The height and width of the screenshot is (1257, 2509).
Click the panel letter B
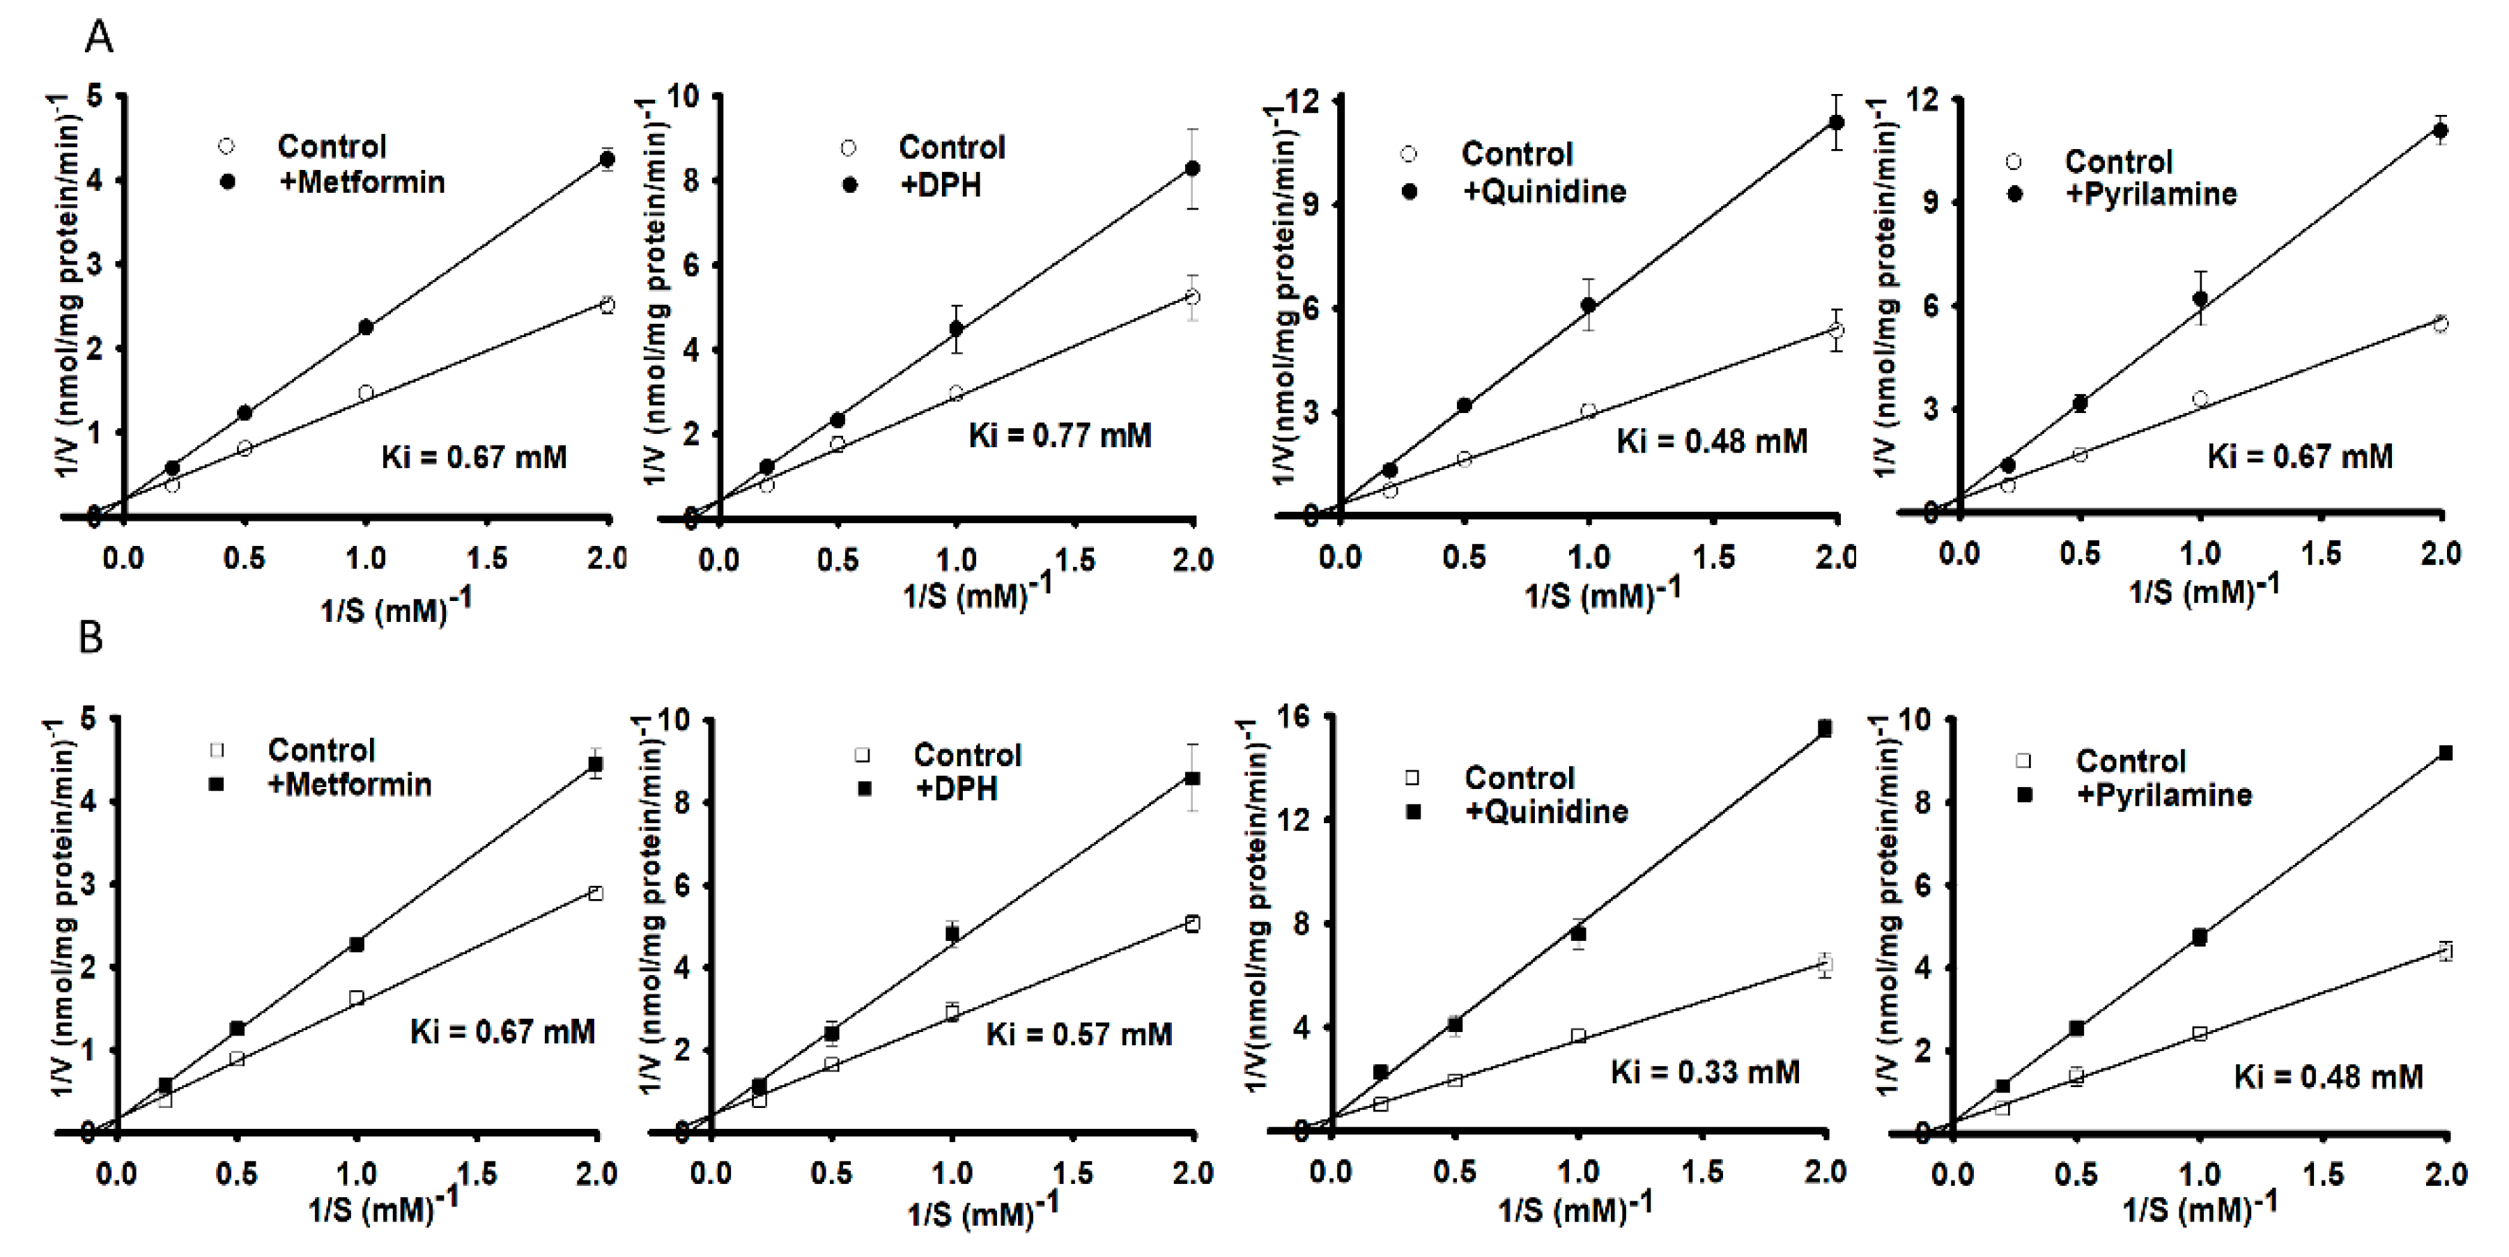coord(91,638)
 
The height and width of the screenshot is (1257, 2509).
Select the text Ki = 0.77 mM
coord(1060,435)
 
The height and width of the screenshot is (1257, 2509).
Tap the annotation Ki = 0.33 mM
coord(1704,1072)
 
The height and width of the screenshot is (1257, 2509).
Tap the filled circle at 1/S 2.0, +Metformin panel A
coord(607,159)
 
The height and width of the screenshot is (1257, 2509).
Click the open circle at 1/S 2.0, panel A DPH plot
coord(1192,296)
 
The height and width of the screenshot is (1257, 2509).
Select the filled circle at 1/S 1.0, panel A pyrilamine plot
coord(2199,299)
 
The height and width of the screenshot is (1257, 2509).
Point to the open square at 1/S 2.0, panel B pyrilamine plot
coord(2445,951)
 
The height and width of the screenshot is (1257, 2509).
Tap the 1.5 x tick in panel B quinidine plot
coord(1701,1171)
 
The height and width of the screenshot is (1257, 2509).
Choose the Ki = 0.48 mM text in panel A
coord(1711,441)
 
